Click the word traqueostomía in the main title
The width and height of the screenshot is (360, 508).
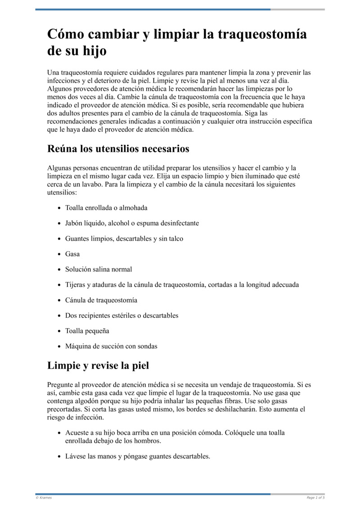pyautogui.click(x=262, y=35)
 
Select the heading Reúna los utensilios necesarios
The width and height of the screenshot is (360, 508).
pyautogui.click(x=118, y=148)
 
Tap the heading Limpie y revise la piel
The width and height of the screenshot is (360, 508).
pyautogui.click(x=98, y=365)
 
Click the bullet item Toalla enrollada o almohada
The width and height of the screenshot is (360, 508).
pyautogui.click(x=106, y=208)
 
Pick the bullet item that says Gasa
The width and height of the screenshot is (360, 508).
pyautogui.click(x=72, y=254)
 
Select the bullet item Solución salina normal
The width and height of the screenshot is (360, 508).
pyautogui.click(x=99, y=269)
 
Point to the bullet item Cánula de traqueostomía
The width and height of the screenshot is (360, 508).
pyautogui.click(x=101, y=300)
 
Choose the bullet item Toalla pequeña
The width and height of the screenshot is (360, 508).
pyautogui.click(x=87, y=331)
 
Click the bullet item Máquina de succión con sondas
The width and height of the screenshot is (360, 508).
pyautogui.click(x=111, y=346)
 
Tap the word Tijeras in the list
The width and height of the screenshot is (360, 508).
pyautogui.click(x=75, y=285)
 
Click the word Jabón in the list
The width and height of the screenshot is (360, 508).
pyautogui.click(x=75, y=223)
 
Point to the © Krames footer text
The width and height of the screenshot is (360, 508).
pyautogui.click(x=44, y=498)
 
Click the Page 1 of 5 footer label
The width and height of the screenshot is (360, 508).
pyautogui.click(x=315, y=498)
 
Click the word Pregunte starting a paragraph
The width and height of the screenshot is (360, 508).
pyautogui.click(x=61, y=385)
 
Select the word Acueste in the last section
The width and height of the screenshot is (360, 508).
pyautogui.click(x=77, y=432)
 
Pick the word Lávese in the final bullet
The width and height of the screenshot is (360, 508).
pyautogui.click(x=76, y=456)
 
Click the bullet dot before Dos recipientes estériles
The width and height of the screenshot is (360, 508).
pyautogui.click(x=60, y=316)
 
